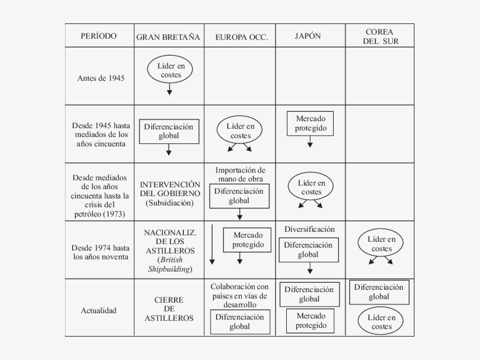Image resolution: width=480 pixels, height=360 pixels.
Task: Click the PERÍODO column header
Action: [x=98, y=36]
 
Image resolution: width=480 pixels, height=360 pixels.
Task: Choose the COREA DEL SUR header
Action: [x=379, y=36]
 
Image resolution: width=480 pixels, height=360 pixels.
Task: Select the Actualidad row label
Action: [x=98, y=310]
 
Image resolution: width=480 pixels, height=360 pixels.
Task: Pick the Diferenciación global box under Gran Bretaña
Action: [x=169, y=132]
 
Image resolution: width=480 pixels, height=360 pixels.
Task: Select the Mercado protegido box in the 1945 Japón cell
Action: [x=310, y=124]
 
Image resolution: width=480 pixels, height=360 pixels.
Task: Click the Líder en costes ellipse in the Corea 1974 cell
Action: [x=381, y=244]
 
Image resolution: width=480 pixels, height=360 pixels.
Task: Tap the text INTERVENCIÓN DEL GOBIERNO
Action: [x=170, y=189]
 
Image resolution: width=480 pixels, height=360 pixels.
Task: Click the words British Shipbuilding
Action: [x=169, y=264]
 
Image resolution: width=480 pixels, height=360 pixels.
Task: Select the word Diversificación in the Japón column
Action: [x=310, y=229]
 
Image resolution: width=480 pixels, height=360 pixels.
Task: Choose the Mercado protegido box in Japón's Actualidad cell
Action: [x=310, y=320]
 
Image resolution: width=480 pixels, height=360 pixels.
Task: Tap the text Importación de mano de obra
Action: [x=240, y=174]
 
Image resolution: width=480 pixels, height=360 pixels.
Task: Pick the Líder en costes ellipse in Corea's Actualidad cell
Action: [x=381, y=322]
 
